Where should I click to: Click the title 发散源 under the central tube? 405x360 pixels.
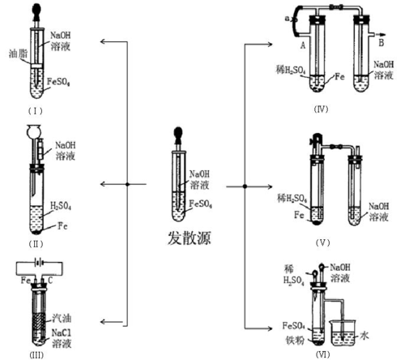(x=189, y=238)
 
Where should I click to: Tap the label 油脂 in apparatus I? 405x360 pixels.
(x=19, y=54)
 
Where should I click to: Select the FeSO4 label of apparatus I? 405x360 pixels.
(x=58, y=82)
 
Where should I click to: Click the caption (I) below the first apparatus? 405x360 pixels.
(x=36, y=111)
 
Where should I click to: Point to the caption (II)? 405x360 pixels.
(x=36, y=244)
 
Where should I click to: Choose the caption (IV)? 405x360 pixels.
(x=321, y=109)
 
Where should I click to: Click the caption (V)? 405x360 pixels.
(x=323, y=242)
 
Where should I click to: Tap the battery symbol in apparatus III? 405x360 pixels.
(x=40, y=262)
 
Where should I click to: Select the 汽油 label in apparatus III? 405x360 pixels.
(x=62, y=318)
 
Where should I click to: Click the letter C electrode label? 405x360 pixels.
(x=50, y=281)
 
